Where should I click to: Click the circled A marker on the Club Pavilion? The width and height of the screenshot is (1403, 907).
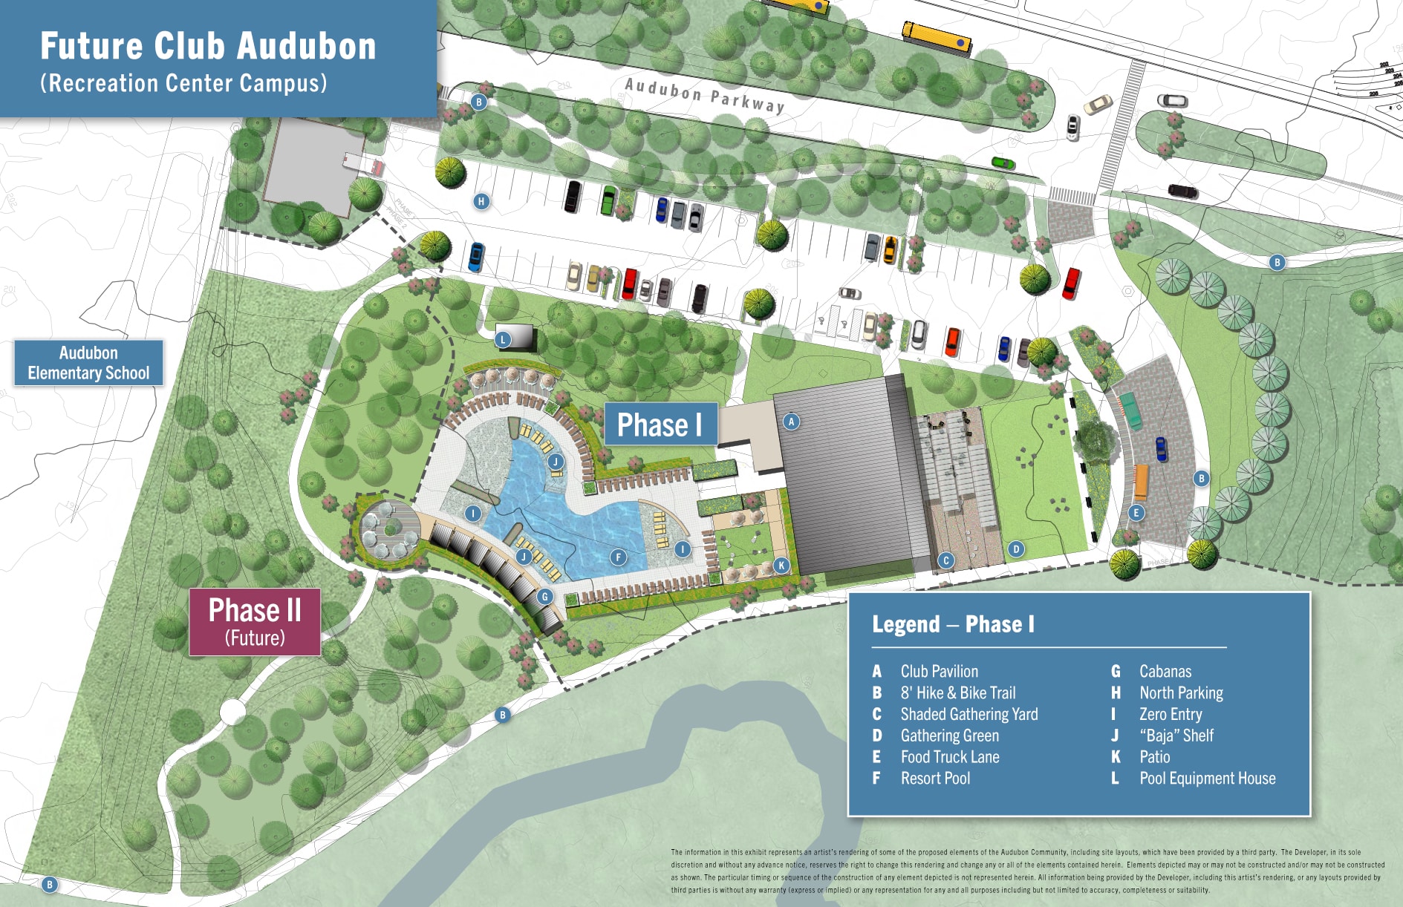[x=791, y=422]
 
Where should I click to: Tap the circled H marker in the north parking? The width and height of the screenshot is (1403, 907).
[x=481, y=201]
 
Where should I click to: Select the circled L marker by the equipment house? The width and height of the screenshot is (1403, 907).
[x=503, y=340]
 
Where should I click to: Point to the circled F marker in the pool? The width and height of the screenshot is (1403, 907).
[x=618, y=557]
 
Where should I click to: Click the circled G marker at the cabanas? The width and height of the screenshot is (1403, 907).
[x=545, y=597]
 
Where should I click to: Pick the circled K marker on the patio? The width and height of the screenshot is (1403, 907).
[x=781, y=566]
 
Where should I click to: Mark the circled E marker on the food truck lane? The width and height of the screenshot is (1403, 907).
[x=1136, y=512]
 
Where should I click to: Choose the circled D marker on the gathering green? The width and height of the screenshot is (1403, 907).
[x=1016, y=549]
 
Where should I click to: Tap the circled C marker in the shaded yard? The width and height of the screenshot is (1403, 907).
[x=945, y=560]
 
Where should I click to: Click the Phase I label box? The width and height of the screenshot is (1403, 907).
[x=660, y=425]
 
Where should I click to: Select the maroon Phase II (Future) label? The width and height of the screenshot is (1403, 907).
[x=255, y=621]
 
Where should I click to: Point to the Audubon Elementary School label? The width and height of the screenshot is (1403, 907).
[x=88, y=363]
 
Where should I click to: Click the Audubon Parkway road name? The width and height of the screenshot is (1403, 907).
[x=704, y=96]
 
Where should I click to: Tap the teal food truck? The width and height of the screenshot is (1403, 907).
[x=1130, y=410]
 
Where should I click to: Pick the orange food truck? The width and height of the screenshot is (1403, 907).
[x=1141, y=482]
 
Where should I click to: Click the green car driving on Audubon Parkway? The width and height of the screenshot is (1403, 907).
[x=1003, y=163]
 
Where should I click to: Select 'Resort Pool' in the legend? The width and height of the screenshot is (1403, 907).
[x=935, y=779]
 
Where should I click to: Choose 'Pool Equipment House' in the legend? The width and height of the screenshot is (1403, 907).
[x=1207, y=779]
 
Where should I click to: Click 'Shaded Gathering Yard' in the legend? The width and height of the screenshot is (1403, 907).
[x=969, y=714]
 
